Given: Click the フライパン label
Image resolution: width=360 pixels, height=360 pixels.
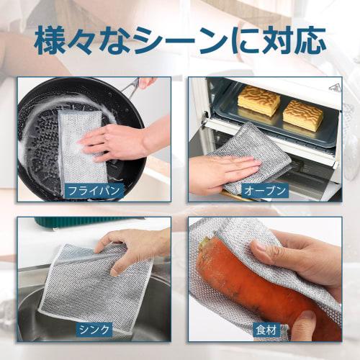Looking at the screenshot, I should [94, 191].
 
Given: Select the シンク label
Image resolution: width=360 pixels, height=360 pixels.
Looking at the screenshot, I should [94, 330].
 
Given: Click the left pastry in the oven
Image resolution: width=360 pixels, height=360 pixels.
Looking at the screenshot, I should [258, 101].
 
